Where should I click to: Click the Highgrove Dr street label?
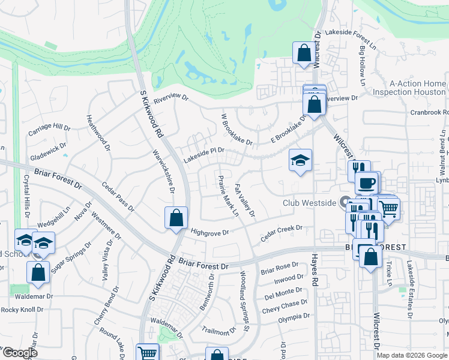(x=210, y=232)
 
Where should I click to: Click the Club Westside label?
(x=309, y=203)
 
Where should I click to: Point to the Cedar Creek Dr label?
(x=281, y=233)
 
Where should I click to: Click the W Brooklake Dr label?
(x=237, y=130)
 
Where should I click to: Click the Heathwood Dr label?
(x=99, y=133)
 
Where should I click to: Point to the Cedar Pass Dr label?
(x=118, y=197)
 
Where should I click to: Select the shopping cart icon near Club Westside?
(x=389, y=208)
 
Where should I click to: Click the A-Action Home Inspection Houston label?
(x=409, y=88)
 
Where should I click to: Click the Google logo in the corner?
(x=20, y=353)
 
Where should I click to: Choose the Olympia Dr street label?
(x=286, y=316)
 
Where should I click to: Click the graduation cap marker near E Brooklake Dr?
(x=300, y=160)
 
